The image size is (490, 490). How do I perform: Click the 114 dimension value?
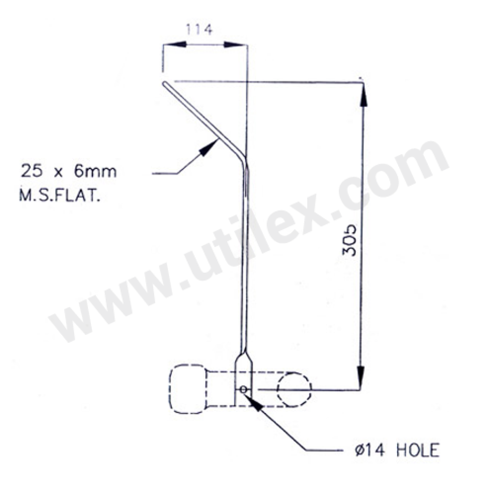pos(199,30)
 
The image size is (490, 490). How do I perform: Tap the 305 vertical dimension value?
pos(352,239)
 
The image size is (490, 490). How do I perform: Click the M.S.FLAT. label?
pos(60,197)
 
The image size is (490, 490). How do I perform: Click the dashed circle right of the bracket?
pos(294,388)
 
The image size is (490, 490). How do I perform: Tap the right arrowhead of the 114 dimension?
pos(235,45)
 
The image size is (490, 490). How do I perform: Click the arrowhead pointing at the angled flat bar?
pos(207,147)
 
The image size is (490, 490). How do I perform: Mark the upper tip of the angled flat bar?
pos(164,83)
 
